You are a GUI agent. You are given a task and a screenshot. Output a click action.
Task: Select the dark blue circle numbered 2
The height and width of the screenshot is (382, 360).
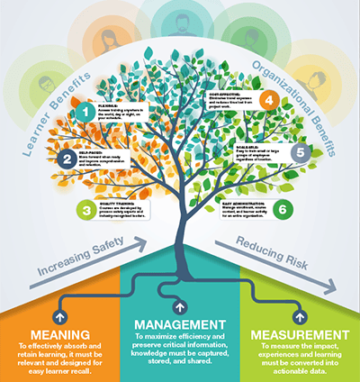(67, 160)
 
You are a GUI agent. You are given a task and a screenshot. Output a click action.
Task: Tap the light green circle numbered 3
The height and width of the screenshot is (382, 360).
(86, 210)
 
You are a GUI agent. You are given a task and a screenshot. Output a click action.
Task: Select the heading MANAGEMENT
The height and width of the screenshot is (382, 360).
(180, 323)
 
